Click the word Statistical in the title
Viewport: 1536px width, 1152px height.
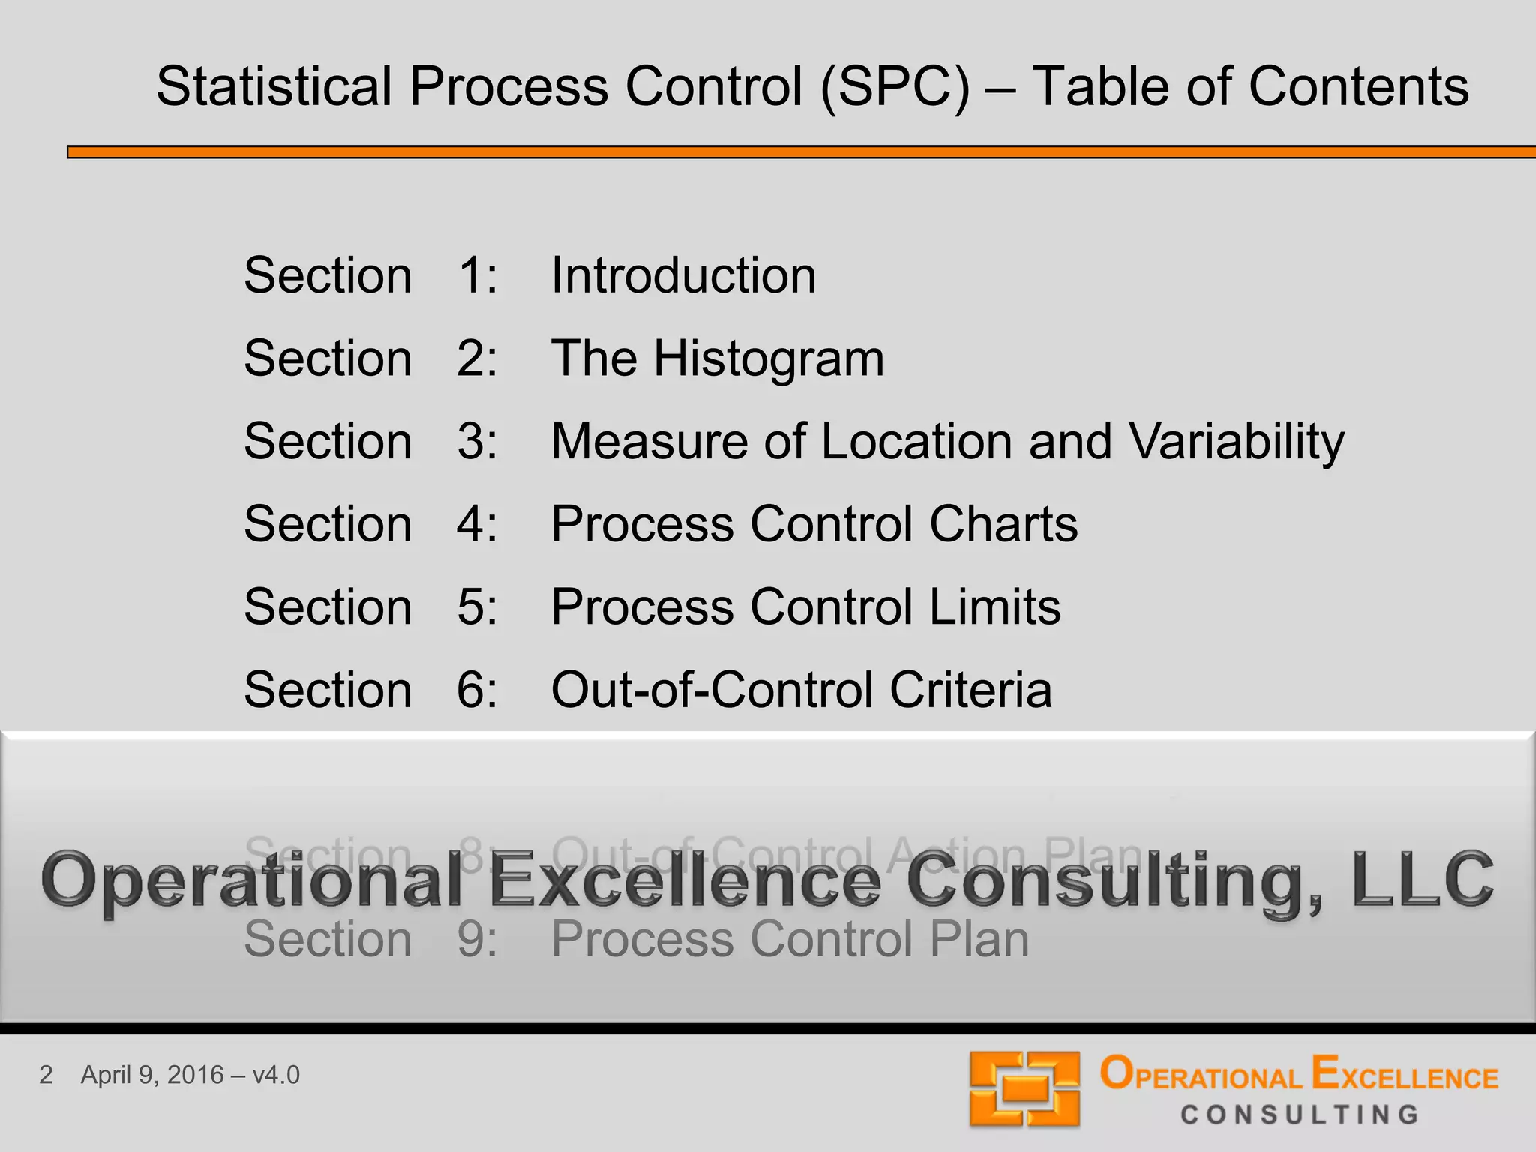(x=274, y=86)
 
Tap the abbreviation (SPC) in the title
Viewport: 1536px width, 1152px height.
(x=895, y=86)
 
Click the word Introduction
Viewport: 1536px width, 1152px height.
(x=683, y=275)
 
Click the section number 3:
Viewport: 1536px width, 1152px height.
(x=477, y=441)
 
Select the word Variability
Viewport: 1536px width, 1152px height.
(x=1237, y=441)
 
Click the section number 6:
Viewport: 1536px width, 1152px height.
(x=477, y=690)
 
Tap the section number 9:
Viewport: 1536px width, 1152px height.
(x=477, y=939)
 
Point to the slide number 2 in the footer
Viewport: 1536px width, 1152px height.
(x=46, y=1075)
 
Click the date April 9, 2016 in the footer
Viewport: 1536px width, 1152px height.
(x=152, y=1075)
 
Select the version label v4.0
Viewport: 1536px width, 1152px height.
(x=276, y=1075)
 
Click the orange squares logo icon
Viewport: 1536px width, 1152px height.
(x=1024, y=1089)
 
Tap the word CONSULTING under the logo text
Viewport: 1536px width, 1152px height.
(x=1300, y=1114)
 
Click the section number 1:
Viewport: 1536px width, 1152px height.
(x=477, y=275)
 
